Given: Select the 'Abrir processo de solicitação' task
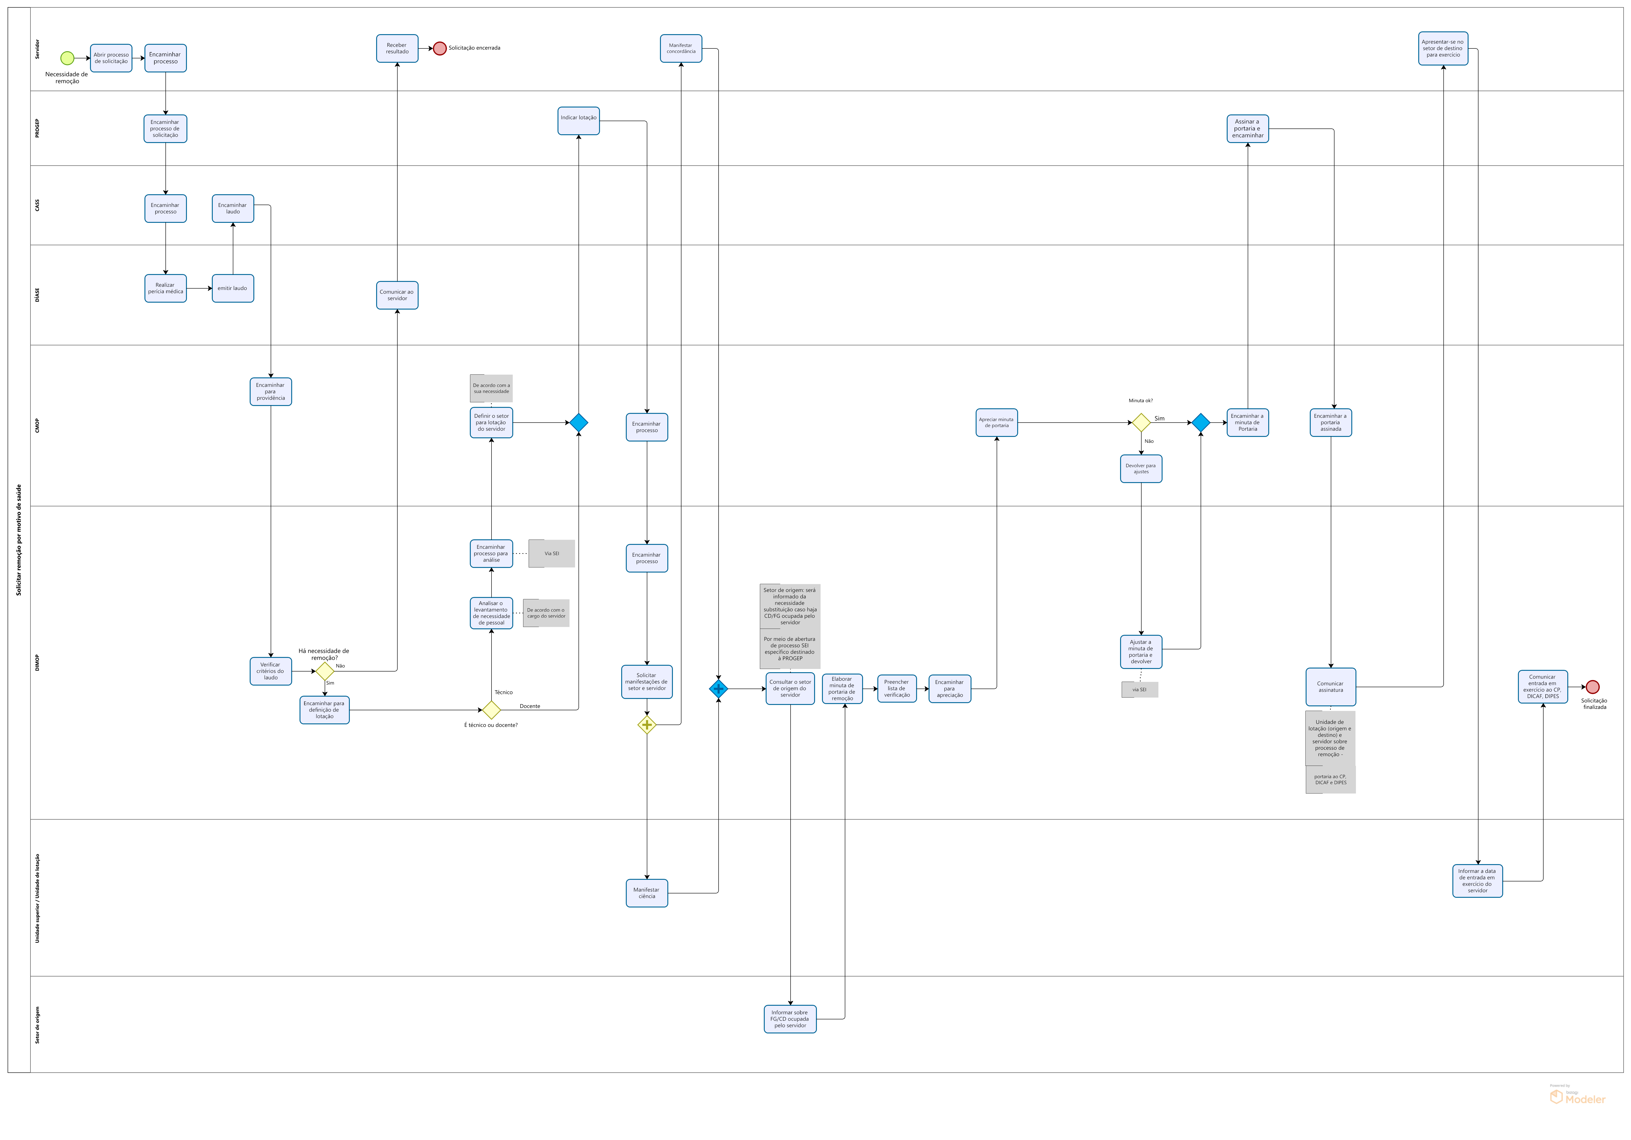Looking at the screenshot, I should click(x=111, y=57).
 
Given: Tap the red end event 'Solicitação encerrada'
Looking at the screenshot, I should click(x=440, y=48).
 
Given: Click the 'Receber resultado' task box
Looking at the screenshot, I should click(x=397, y=48).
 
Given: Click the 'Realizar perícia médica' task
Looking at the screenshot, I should click(x=165, y=288).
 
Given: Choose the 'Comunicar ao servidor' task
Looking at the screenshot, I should click(x=397, y=295).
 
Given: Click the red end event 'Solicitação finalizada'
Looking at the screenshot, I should click(x=1593, y=687).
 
